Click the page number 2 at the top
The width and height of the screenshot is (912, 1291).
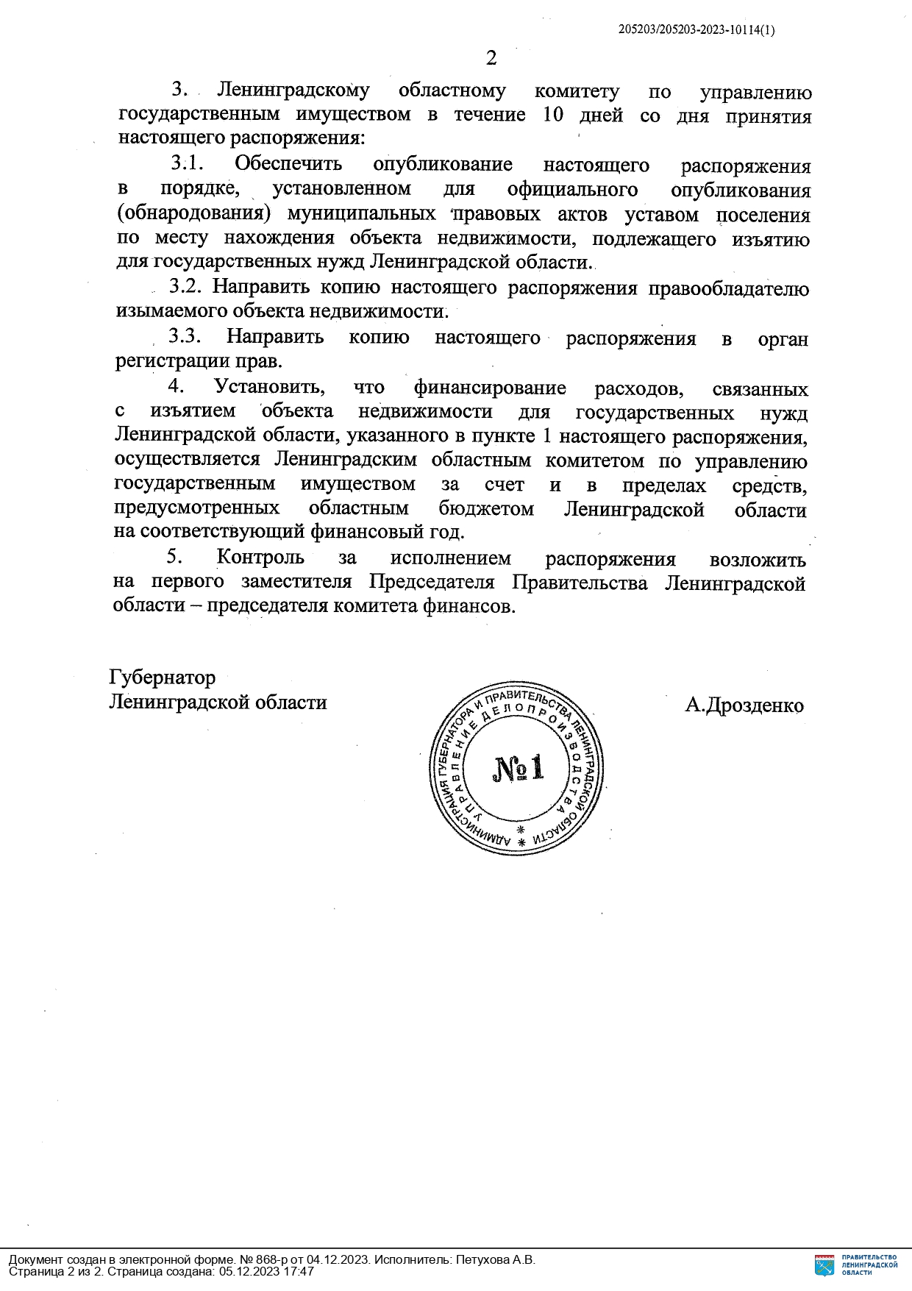click(x=491, y=58)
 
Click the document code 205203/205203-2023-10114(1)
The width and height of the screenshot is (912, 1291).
click(x=696, y=30)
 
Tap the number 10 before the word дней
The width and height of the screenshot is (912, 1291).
click(x=553, y=115)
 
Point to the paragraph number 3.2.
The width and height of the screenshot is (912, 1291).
click(x=186, y=287)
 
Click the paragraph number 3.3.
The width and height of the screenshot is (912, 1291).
click(x=185, y=336)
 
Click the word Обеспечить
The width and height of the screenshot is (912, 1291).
click(x=288, y=164)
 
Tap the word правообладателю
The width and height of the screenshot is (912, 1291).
click(x=728, y=288)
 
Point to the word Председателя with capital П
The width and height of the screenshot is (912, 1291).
click(x=431, y=583)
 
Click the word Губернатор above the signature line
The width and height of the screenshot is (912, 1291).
click(x=163, y=677)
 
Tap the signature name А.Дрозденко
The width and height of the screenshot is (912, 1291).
click(x=744, y=705)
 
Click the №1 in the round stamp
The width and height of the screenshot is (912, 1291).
click(x=518, y=769)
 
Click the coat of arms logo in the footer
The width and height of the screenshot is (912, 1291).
click(x=824, y=1265)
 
